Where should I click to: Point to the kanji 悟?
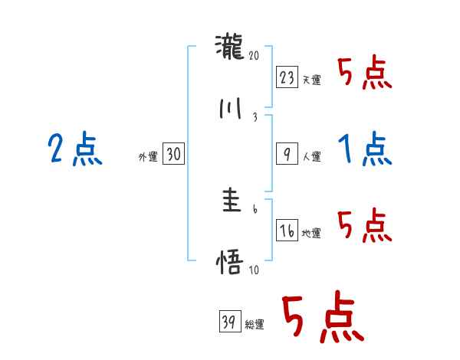(230, 263)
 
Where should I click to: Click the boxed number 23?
(287, 77)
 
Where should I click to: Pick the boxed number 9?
(287, 154)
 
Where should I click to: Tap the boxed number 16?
(287, 231)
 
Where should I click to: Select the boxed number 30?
(173, 155)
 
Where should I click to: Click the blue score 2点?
(75, 149)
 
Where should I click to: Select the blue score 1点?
(366, 149)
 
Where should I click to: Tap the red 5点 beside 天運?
(366, 74)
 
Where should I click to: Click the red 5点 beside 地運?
(366, 226)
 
